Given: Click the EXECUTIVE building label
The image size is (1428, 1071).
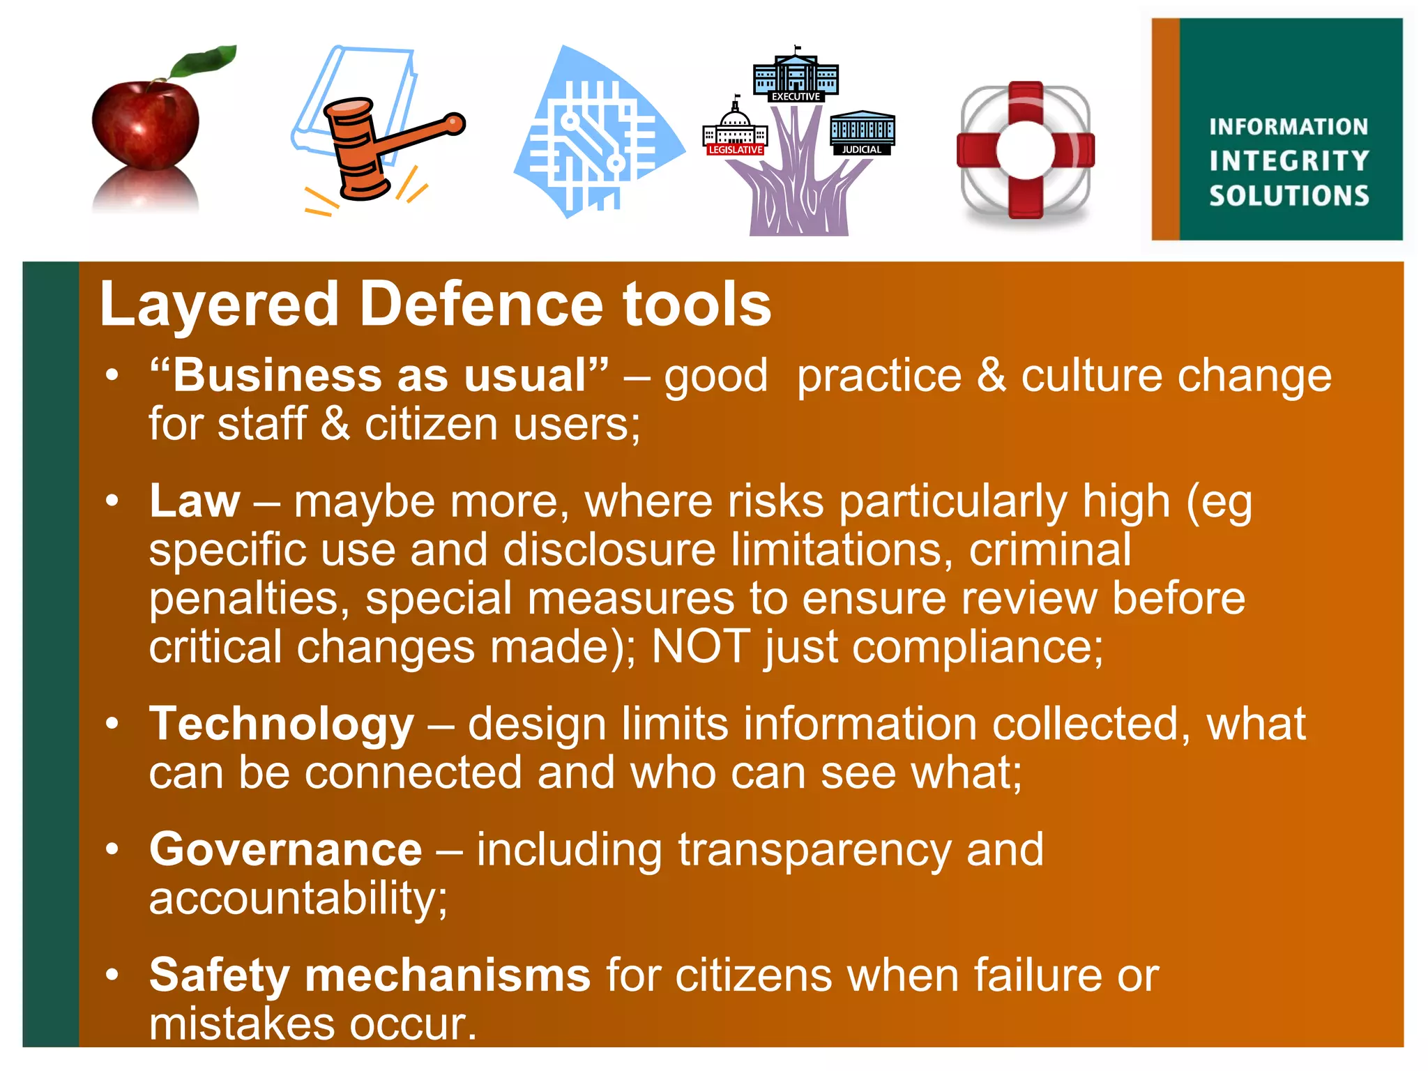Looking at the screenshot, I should pos(796,97).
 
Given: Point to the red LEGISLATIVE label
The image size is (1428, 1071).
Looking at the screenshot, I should pos(736,150).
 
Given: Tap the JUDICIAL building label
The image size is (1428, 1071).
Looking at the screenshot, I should pos(862,150).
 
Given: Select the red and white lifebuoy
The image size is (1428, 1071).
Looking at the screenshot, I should pos(1025,150).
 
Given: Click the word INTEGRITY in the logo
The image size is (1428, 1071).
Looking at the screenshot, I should pos(1289,161).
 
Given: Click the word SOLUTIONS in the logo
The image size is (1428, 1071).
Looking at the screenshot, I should pos(1289,196).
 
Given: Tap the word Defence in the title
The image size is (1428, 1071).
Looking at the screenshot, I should pos(480,305).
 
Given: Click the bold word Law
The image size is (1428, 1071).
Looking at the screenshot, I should pos(195,501).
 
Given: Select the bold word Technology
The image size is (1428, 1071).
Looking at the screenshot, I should pos(282,724).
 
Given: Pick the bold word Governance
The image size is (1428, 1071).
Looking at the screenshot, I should pos(286,850).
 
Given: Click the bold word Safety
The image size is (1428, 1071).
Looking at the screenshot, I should pos(219,975).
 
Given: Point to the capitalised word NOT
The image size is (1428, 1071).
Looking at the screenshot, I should pos(701,647).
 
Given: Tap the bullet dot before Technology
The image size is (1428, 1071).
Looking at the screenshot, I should pos(112,724).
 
